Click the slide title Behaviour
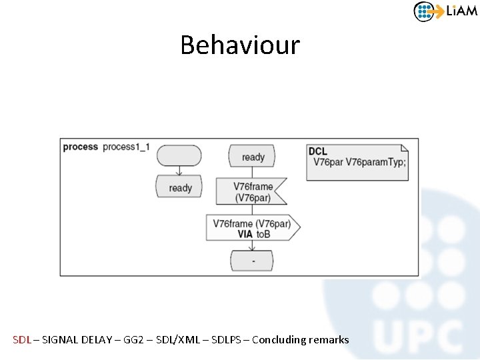240,45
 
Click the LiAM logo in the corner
445,11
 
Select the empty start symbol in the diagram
179,155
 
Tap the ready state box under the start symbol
179,187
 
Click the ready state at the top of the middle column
252,157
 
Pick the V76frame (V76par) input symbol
251,191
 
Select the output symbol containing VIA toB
253,228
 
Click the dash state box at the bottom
253,261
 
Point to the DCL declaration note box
357,162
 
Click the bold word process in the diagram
80,147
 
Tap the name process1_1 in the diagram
126,147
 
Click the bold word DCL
318,152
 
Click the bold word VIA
245,234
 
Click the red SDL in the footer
22,340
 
